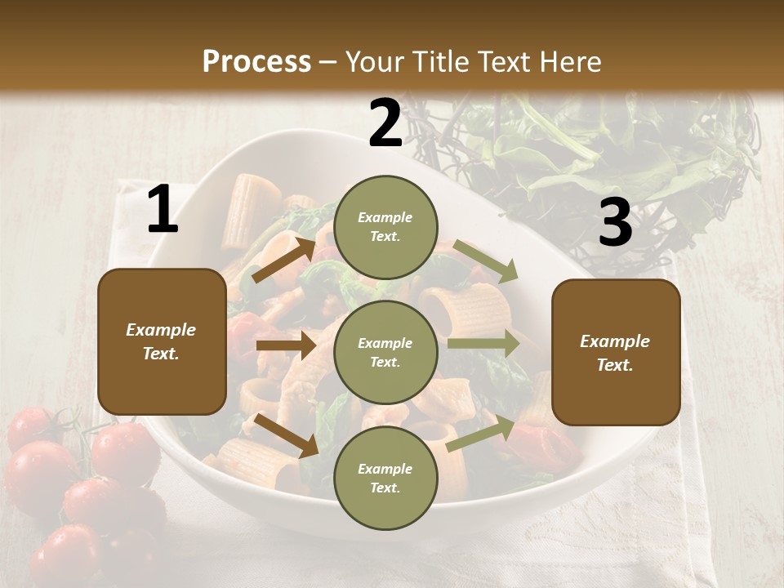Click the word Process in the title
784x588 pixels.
(256, 61)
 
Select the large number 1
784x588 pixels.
(163, 210)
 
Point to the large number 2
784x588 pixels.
(385, 123)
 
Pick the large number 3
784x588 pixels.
(615, 223)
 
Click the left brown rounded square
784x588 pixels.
(162, 341)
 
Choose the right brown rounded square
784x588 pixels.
(616, 353)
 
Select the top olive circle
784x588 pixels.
(385, 227)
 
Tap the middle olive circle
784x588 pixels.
(385, 352)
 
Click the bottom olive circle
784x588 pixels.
(385, 478)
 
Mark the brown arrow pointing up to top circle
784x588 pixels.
(283, 260)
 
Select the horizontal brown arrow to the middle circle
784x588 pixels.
(285, 345)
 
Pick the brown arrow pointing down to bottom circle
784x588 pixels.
(286, 434)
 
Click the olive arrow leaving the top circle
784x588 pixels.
(486, 261)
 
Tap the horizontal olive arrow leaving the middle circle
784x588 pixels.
(483, 343)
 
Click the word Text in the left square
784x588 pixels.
(161, 354)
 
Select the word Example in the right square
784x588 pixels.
(615, 341)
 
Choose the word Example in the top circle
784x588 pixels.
(385, 218)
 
